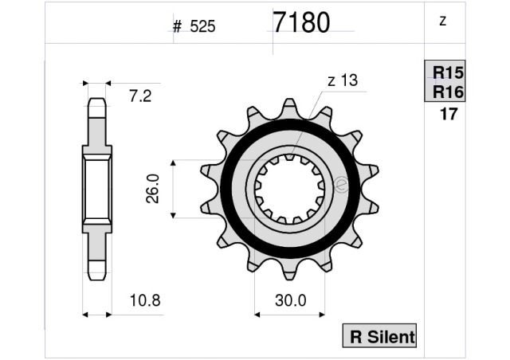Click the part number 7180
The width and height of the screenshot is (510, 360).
[301, 23]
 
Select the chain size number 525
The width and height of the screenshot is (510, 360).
[202, 26]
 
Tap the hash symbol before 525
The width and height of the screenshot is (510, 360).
[178, 26]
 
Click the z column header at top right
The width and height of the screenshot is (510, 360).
[442, 21]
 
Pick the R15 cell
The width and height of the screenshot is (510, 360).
[447, 72]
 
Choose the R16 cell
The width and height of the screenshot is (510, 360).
[447, 92]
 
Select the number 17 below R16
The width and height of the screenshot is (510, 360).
[448, 114]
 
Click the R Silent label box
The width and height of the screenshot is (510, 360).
[379, 337]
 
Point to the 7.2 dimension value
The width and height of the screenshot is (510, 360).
[140, 96]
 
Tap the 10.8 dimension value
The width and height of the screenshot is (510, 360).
[145, 301]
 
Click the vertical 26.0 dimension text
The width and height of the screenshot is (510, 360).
[153, 189]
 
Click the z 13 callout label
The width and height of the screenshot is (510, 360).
[342, 80]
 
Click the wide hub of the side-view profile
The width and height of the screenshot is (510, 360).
[96, 189]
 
